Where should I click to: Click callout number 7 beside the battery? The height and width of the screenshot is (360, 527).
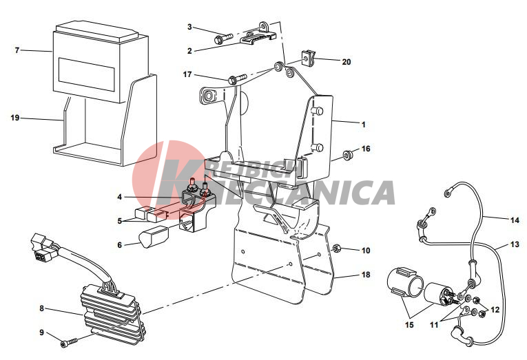point(17,50)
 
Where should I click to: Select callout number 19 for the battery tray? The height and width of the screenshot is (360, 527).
point(15,118)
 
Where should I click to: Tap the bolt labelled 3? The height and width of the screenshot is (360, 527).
point(223,38)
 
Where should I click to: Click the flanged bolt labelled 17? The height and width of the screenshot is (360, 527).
point(237,79)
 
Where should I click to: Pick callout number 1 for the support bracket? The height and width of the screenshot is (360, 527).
point(363,125)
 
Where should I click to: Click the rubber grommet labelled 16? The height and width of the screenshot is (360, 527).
point(347,155)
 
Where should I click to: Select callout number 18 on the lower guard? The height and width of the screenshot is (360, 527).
point(366,275)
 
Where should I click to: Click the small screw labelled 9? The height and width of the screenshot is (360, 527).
point(69,342)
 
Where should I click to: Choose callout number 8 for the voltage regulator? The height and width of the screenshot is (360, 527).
point(41,308)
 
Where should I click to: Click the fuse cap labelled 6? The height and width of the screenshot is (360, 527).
point(153,236)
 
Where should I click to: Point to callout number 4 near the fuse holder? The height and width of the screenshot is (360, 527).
point(120,197)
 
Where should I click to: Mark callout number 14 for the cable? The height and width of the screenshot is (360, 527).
point(515,220)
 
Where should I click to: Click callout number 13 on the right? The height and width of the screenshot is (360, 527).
point(515,244)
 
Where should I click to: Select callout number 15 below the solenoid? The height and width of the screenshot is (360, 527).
point(409,325)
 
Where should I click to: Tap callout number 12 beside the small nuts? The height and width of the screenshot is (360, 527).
point(495,310)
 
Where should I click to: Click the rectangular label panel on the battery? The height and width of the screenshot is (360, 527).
point(87,74)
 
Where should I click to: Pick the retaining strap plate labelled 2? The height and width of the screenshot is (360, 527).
point(258,38)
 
